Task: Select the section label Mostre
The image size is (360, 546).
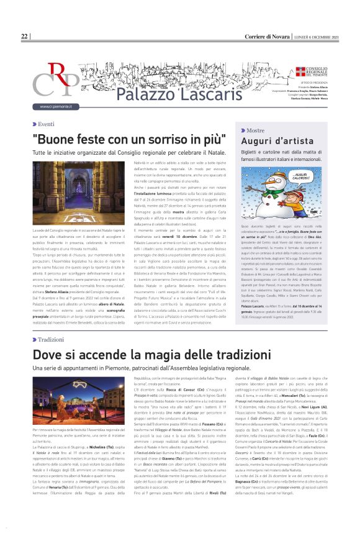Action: pos(255,131)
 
